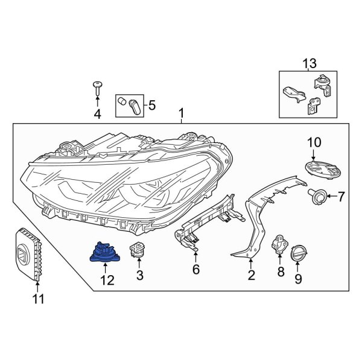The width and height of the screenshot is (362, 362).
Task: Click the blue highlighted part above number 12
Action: point(103,254)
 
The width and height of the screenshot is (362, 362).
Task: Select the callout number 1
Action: point(181,113)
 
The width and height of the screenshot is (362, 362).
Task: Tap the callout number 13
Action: point(309,63)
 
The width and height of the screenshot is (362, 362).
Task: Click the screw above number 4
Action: point(97,88)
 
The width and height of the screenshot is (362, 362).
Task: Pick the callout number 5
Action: point(151,106)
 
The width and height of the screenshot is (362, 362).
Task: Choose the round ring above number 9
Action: point(299,254)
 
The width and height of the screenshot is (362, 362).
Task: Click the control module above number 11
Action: point(29,253)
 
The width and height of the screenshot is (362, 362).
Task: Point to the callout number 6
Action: point(195,270)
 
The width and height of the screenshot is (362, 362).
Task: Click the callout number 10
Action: point(315,143)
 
